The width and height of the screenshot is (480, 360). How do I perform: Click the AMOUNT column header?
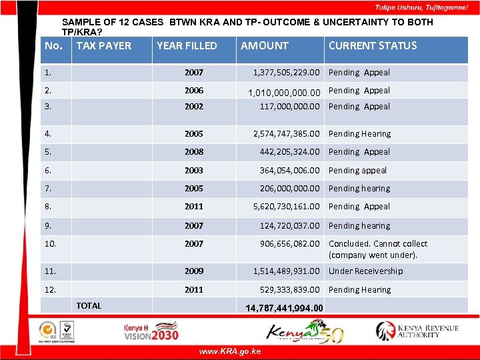[x=265, y=46]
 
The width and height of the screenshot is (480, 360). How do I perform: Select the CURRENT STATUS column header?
[x=372, y=46]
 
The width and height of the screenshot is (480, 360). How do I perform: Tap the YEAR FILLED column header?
[x=187, y=46]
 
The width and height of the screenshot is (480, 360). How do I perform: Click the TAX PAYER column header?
[x=104, y=46]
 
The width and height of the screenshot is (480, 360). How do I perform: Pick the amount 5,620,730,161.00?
[x=287, y=207]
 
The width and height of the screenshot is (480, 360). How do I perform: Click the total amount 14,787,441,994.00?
[x=284, y=308]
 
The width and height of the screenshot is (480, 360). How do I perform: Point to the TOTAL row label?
[x=89, y=306]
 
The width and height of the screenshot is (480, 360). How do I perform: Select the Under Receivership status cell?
[x=365, y=271]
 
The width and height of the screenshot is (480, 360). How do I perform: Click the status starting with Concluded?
[x=378, y=249]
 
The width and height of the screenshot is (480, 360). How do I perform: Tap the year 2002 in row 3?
[x=194, y=107]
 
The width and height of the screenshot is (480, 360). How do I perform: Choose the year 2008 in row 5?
[x=194, y=152]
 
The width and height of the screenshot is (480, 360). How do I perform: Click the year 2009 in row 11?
[x=194, y=271]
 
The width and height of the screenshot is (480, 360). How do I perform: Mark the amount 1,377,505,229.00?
[x=287, y=73]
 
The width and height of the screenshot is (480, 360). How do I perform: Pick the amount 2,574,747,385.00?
[x=287, y=134]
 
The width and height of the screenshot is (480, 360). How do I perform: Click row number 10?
[x=51, y=244]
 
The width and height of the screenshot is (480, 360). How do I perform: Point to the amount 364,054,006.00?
[x=289, y=171]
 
